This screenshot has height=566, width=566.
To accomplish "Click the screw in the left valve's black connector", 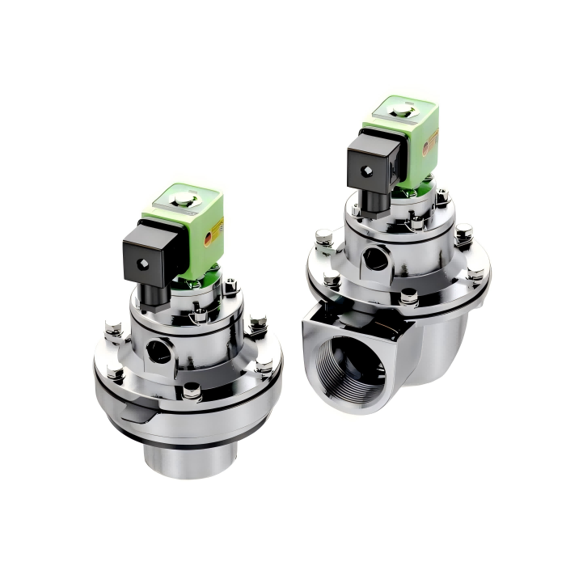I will tap(145, 265).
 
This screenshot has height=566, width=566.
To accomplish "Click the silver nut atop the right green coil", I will tap(401, 110).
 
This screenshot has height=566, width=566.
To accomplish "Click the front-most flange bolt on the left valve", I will tap(192, 392).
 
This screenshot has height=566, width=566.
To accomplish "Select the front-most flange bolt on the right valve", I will tap(409, 297).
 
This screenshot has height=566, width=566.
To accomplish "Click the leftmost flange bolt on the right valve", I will tap(324, 238).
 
